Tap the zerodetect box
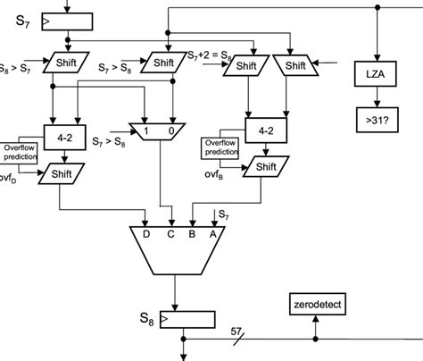click(x=317, y=306)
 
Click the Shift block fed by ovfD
click(x=62, y=173)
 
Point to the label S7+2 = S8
click(x=211, y=57)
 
